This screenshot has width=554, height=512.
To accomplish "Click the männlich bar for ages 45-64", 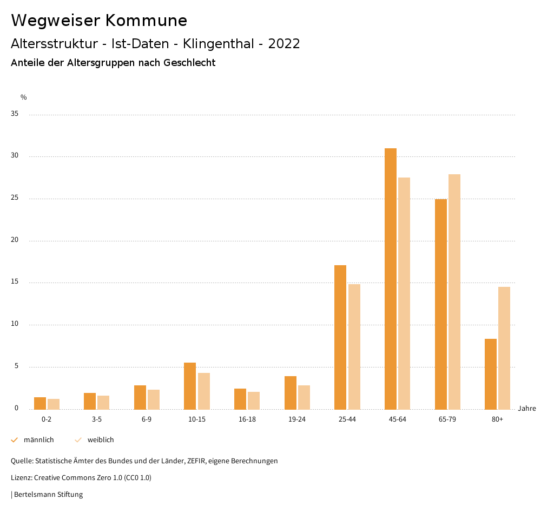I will [391, 279].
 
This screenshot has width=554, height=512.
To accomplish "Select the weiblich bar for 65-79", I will [454, 292].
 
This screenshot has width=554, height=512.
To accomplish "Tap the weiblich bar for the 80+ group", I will [504, 348].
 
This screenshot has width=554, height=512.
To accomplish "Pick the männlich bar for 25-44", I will [340, 337].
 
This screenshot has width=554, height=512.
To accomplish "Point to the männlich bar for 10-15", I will [190, 386].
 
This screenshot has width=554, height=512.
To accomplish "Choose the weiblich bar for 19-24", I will [304, 397].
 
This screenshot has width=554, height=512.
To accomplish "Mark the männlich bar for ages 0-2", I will [40, 403].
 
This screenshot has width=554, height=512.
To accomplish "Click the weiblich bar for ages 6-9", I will [154, 399].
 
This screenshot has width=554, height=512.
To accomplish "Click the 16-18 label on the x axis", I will [247, 419].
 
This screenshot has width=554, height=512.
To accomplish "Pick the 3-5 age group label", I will [97, 419].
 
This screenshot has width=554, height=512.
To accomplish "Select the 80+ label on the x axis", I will [497, 419].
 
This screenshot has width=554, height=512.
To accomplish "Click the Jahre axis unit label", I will [526, 409].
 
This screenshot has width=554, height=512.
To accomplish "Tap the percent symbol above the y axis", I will [24, 97].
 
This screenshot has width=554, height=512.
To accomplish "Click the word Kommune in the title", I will [146, 21].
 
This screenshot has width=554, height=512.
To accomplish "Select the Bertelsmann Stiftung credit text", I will [48, 494].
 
